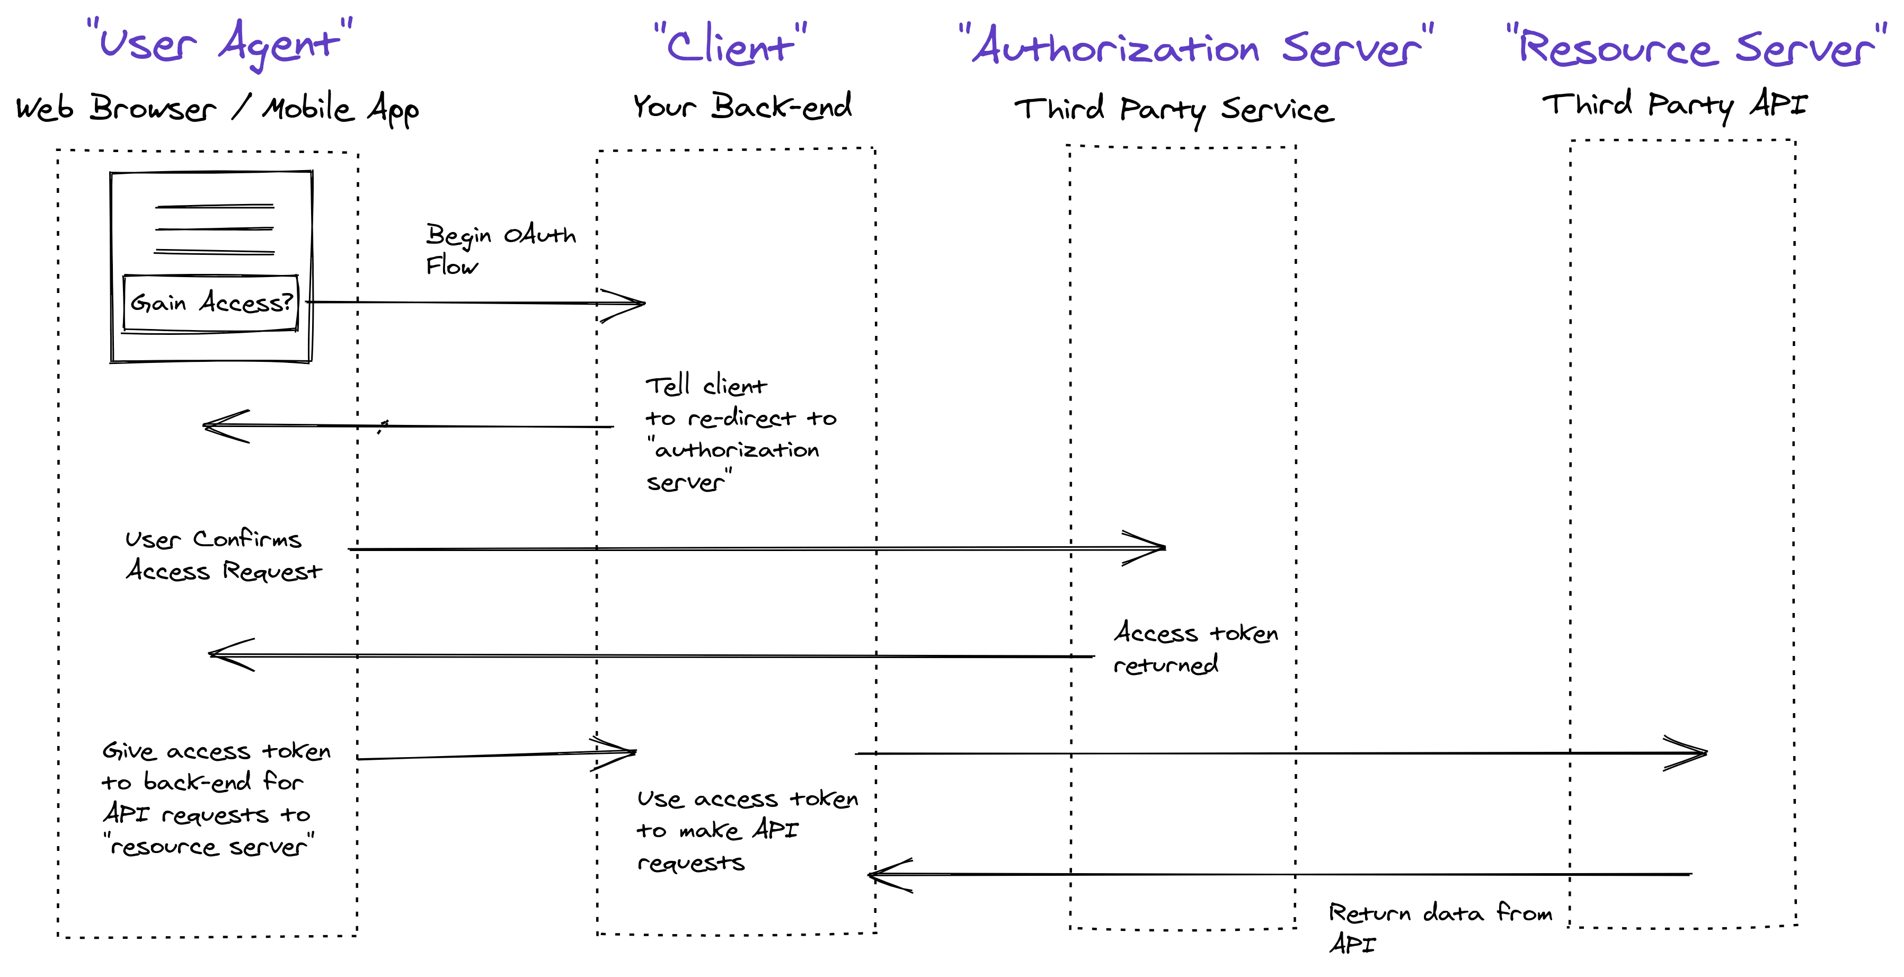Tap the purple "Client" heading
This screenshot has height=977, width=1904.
point(730,45)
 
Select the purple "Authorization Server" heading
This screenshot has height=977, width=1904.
point(1195,46)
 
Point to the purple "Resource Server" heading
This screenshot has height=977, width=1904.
point(1696,46)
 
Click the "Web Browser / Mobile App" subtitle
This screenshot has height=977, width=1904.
point(217,109)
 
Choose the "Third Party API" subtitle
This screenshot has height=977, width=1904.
point(1674,104)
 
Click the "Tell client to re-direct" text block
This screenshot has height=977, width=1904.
point(739,433)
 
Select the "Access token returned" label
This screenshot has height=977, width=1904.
point(1195,648)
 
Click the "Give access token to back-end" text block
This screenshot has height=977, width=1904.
point(214,798)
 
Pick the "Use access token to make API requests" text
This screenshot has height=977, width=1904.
point(747,830)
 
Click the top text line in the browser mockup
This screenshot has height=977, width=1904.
point(214,206)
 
